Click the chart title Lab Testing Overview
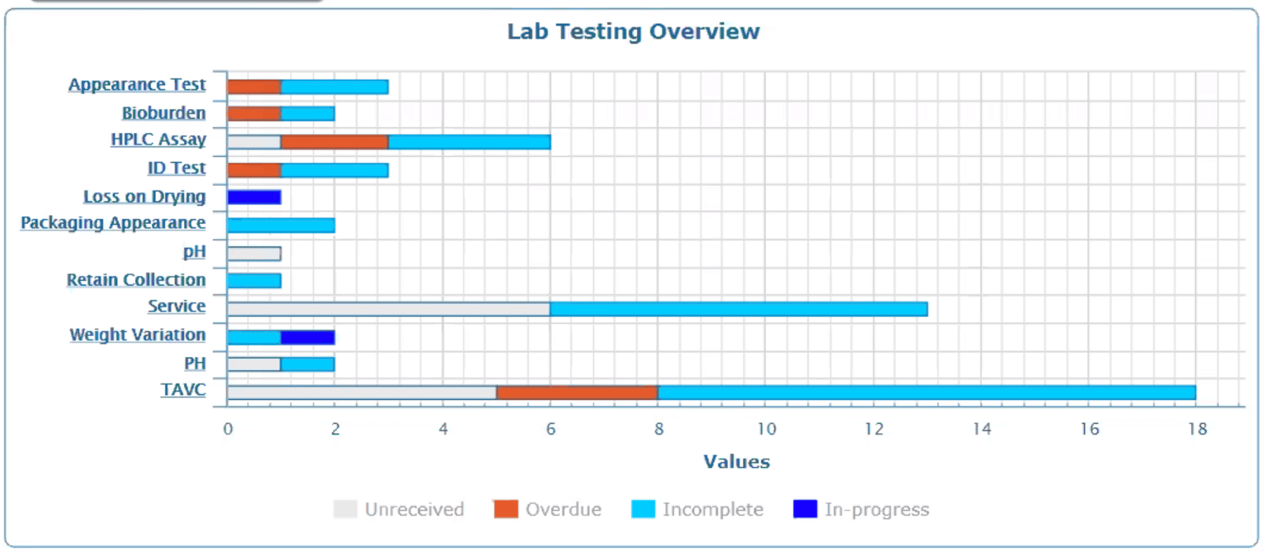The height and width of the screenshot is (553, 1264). click(x=633, y=32)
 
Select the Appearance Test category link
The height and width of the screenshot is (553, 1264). click(x=137, y=84)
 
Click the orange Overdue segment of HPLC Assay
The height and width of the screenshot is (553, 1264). click(x=334, y=142)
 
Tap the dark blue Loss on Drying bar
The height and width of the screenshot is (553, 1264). click(x=254, y=197)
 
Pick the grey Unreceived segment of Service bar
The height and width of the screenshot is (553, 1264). click(x=388, y=309)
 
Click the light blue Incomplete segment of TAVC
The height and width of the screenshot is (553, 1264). click(x=926, y=392)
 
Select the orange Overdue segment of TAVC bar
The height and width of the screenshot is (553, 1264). click(x=577, y=392)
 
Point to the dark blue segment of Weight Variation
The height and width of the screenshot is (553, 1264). click(x=308, y=337)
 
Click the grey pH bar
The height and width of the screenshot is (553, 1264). click(x=254, y=254)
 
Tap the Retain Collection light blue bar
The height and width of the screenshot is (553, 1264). click(x=254, y=281)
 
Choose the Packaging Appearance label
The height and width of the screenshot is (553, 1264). click(x=113, y=223)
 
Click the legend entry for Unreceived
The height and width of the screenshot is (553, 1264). click(x=399, y=509)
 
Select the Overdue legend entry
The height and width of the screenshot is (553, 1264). click(x=548, y=509)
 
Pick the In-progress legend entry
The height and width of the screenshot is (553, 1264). click(x=862, y=509)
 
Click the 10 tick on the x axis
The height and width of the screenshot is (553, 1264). click(x=766, y=429)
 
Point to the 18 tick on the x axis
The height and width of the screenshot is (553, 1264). click(x=1197, y=429)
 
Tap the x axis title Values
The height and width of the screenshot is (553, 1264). click(x=737, y=462)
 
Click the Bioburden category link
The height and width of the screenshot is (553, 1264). click(x=164, y=113)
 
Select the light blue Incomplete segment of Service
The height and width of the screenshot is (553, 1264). click(x=738, y=309)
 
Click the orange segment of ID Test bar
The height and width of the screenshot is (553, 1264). click(x=254, y=170)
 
